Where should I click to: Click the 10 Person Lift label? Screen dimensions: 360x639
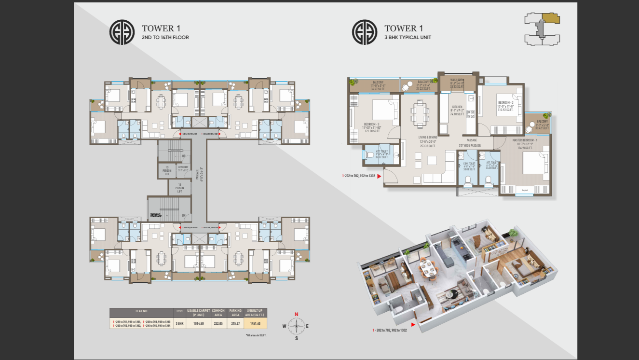click(x=166, y=170)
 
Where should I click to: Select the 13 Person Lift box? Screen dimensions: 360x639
click(x=179, y=188)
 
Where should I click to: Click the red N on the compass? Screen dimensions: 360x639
click(x=297, y=314)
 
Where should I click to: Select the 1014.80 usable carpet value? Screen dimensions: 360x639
click(x=198, y=323)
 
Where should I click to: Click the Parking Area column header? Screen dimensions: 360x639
click(x=236, y=312)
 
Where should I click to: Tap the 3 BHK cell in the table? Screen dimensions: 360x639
click(x=180, y=323)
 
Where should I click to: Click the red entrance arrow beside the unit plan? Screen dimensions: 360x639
click(x=379, y=177)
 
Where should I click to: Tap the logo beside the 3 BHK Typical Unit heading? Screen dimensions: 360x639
click(x=365, y=32)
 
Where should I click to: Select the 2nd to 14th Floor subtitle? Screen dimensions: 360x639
click(x=165, y=37)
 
